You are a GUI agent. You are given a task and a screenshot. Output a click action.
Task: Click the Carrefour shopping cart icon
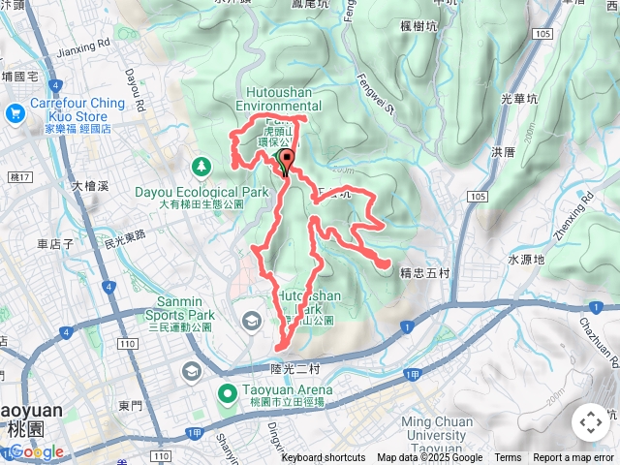[x=14, y=113]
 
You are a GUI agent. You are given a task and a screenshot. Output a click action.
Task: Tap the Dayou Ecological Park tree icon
[x=201, y=168]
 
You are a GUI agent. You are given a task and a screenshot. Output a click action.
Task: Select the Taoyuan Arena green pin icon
[x=228, y=393]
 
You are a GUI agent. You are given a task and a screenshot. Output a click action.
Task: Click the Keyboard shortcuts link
[x=324, y=458]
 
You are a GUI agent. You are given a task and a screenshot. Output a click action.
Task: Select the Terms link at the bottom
[x=508, y=458]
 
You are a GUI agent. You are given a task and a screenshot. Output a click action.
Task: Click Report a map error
[x=574, y=458]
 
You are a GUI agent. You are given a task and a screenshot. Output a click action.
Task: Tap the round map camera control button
[x=590, y=422]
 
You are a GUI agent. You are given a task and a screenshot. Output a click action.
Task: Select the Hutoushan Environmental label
[x=278, y=99]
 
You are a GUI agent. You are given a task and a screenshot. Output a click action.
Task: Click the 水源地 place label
[x=526, y=260]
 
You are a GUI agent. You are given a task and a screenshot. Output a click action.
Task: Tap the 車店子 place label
[x=55, y=244]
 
